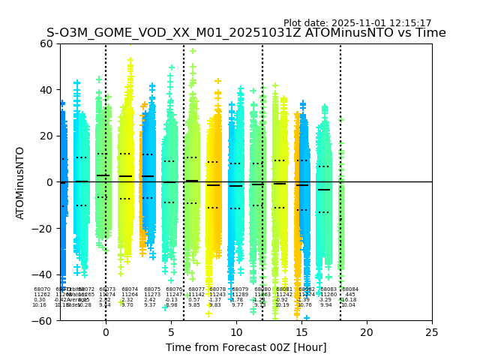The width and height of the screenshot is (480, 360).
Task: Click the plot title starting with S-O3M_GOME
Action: pyautogui.click(x=246, y=33)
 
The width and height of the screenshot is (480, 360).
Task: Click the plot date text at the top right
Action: pyautogui.click(x=357, y=23)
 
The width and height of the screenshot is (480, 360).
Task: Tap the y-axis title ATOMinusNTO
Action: pyautogui.click(x=21, y=182)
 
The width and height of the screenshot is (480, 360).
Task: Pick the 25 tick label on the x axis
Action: pyautogui.click(x=432, y=331)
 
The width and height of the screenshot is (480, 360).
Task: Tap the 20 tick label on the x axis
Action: pyautogui.click(x=367, y=331)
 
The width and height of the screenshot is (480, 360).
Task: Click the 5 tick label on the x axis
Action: pyautogui.click(x=171, y=331)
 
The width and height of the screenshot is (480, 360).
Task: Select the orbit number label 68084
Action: pyautogui.click(x=349, y=289)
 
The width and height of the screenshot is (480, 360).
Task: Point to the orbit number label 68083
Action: pyautogui.click(x=328, y=289)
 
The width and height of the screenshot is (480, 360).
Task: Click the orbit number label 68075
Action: pyautogui.click(x=152, y=289)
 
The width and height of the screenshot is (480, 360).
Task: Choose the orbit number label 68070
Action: pyautogui.click(x=42, y=289)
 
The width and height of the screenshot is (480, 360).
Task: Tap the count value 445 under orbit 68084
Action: pyautogui.click(x=349, y=295)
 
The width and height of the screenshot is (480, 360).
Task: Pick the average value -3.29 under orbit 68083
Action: pyautogui.click(x=325, y=300)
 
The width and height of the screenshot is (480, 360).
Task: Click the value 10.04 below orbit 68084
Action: pyautogui.click(x=348, y=305)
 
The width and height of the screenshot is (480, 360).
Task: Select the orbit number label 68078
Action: pyautogui.click(x=217, y=289)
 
